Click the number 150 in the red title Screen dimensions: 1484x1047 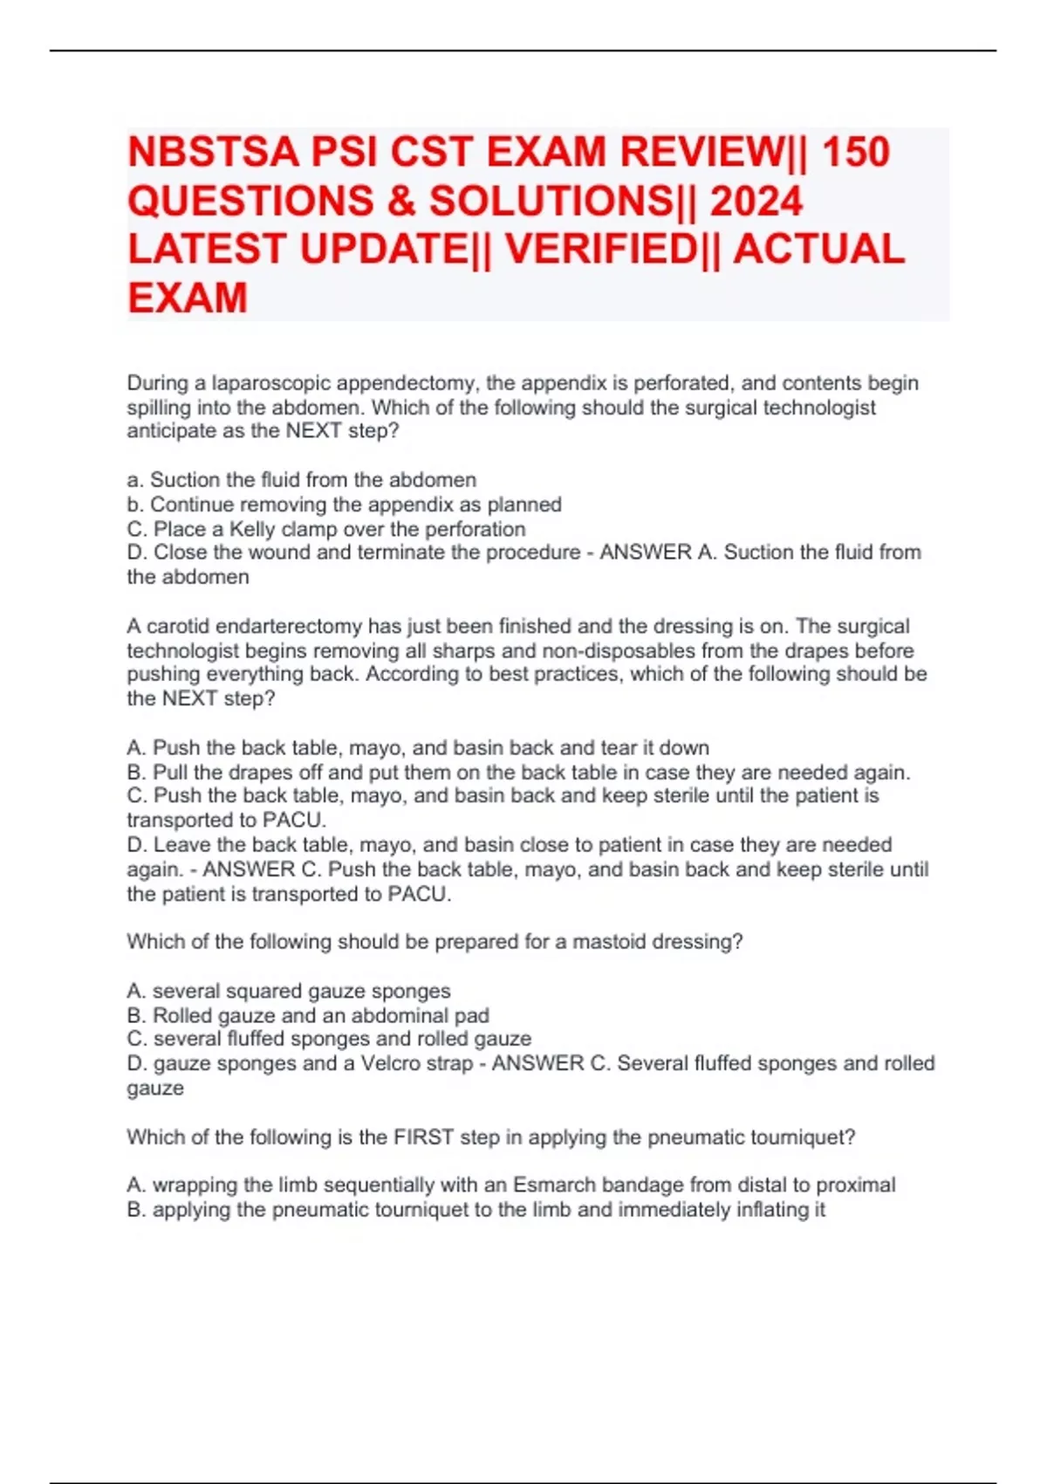tap(855, 152)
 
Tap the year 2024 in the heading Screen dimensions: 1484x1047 tap(756, 201)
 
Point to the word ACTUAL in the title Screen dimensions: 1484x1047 tap(818, 249)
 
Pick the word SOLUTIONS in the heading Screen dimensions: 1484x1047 tap(548, 201)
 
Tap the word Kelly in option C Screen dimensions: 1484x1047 tap(251, 529)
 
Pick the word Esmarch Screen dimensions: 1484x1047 tap(552, 1185)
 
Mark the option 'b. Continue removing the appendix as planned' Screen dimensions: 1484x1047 tap(344, 505)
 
